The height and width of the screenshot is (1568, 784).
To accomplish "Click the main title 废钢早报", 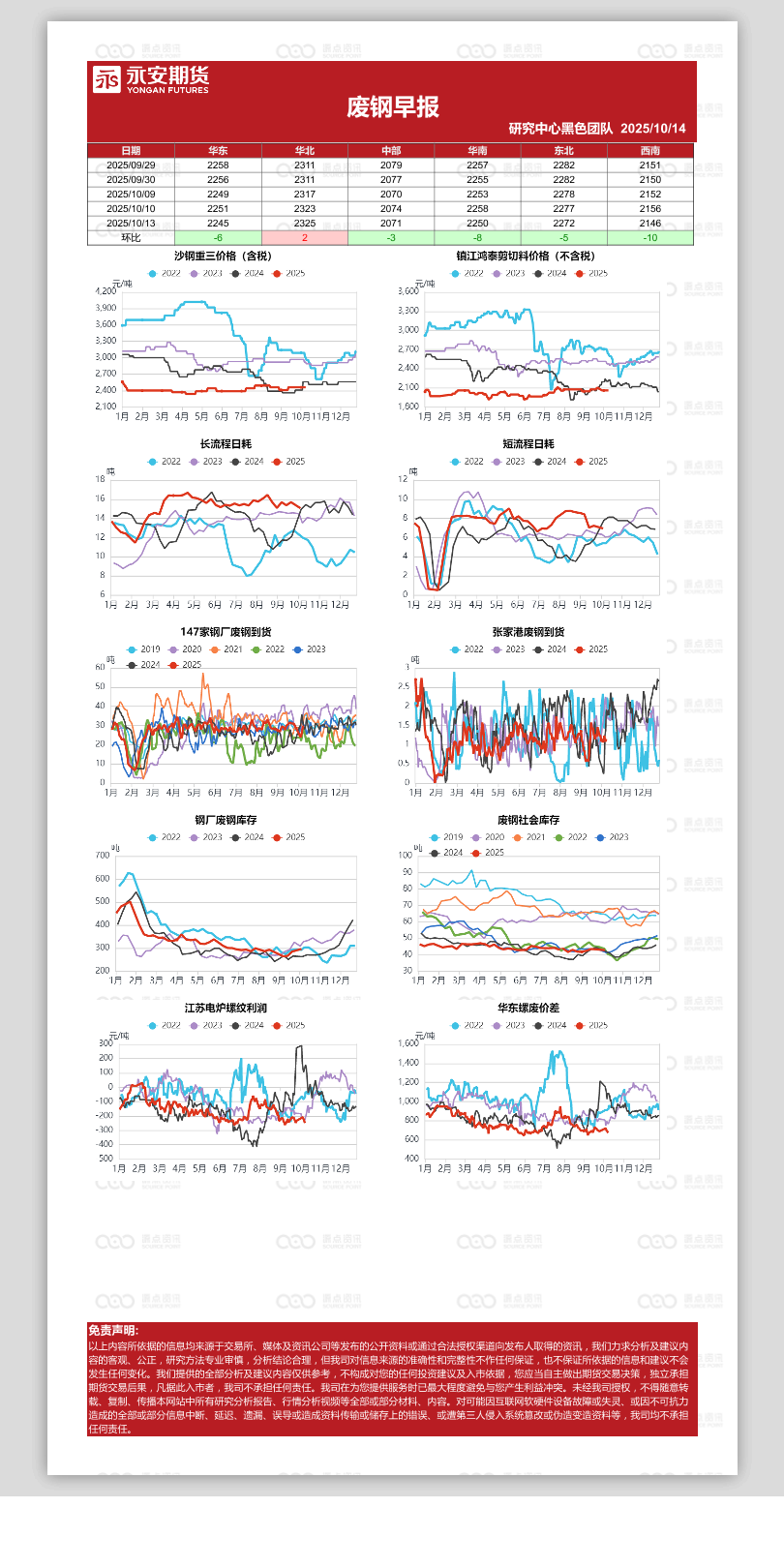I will (393, 106).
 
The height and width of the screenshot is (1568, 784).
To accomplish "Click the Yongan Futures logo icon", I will (106, 79).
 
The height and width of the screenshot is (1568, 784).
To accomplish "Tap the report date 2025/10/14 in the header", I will (653, 129).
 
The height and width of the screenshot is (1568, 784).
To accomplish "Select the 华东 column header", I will (218, 151).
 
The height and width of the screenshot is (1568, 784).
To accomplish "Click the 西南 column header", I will (649, 151).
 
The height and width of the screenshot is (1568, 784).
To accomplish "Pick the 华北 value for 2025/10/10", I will (304, 209).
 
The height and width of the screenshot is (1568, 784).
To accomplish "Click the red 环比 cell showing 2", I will (304, 238).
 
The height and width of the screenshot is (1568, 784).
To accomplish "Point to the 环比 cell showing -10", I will (649, 238).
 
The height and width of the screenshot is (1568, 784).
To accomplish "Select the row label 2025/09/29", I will (131, 166).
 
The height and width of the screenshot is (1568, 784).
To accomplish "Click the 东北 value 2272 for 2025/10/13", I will (563, 224).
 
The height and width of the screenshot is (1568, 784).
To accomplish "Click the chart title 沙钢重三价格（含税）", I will (224, 256).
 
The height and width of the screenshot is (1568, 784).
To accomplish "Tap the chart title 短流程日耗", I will (528, 444).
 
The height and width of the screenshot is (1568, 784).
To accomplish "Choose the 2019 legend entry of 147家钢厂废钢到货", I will (145, 649).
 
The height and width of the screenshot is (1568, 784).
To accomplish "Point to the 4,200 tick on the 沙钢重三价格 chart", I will (106, 291).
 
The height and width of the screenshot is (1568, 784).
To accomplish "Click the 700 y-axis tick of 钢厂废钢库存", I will (103, 856).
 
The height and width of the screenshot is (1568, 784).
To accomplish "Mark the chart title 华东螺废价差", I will (528, 1008).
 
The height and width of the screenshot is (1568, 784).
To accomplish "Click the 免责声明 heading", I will (113, 1331).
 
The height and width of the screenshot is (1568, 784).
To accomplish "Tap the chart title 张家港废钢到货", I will (528, 632).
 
